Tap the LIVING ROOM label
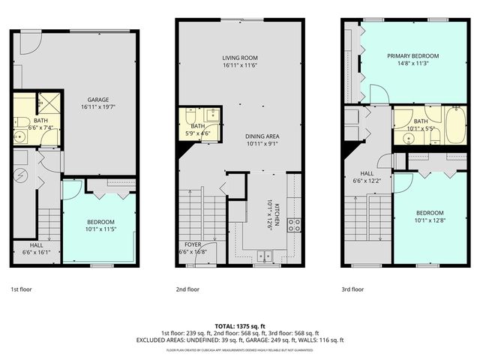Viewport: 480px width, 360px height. pyautogui.click(x=240, y=58)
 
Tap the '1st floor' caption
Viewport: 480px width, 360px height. pyautogui.click(x=21, y=289)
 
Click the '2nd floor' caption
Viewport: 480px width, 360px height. pyautogui.click(x=187, y=289)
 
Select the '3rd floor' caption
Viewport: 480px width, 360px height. pyautogui.click(x=352, y=289)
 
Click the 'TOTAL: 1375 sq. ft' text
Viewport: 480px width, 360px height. pyautogui.click(x=240, y=325)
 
